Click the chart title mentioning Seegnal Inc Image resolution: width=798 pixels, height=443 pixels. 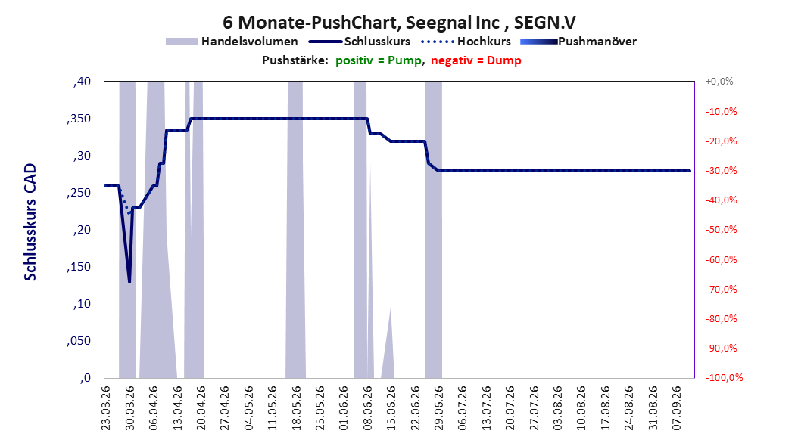click(399, 23)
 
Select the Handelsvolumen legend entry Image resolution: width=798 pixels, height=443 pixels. click(232, 42)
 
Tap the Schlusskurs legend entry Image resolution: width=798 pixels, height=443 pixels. click(360, 42)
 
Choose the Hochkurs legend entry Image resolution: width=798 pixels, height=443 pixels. click(466, 42)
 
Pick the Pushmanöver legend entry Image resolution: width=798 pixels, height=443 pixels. click(578, 42)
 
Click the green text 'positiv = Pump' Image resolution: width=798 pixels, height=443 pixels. click(379, 60)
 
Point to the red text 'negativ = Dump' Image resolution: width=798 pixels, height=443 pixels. click(476, 60)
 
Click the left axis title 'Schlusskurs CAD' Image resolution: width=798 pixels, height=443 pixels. click(30, 222)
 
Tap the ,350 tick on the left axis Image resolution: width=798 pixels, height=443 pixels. click(79, 119)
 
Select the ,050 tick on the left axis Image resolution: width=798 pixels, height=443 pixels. click(79, 341)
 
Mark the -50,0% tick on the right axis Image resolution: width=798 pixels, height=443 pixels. click(721, 230)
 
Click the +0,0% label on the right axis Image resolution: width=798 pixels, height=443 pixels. click(719, 82)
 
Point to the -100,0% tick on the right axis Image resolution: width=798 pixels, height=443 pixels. click(724, 377)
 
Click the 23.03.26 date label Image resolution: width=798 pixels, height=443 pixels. click(106, 408)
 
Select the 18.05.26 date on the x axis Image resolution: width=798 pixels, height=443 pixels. click(296, 408)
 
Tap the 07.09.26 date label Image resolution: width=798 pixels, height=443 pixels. click(676, 408)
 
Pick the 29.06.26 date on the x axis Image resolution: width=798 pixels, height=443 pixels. click(438, 408)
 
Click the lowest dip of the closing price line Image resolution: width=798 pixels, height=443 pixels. click(129, 281)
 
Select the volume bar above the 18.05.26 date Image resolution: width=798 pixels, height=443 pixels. click(295, 230)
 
